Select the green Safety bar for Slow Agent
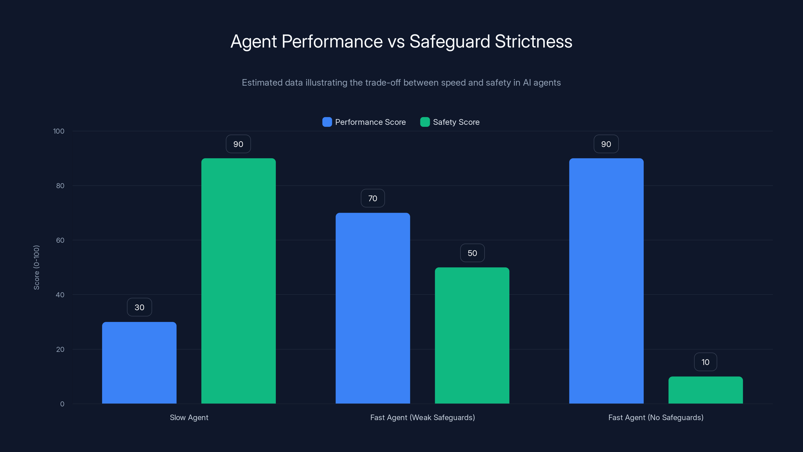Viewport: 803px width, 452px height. pos(238,281)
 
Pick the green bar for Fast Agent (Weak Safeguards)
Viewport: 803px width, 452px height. pos(472,335)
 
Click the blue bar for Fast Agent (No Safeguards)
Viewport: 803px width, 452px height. pos(606,281)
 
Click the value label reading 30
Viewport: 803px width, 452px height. pos(139,307)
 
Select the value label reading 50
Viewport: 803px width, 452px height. pos(472,253)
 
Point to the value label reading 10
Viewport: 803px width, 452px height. pos(705,362)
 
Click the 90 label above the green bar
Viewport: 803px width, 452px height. pos(238,144)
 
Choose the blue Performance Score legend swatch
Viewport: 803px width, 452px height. pos(327,122)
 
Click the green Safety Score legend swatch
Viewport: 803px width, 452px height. pos(425,122)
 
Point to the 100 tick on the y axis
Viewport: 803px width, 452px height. pos(59,131)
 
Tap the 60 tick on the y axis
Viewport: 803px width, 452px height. pos(60,240)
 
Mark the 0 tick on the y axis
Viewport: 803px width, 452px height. pos(62,404)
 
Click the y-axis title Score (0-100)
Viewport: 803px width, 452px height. pos(36,267)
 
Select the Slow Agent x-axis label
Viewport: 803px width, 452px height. pos(189,417)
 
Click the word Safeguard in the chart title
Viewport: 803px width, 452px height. pos(449,41)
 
